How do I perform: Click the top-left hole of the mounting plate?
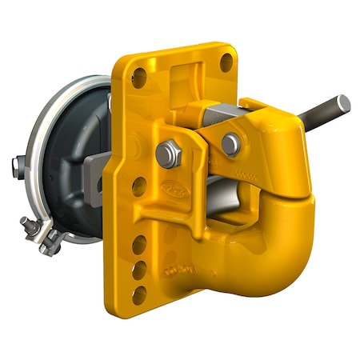coord(139,78)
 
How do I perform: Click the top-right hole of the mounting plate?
coord(226,62)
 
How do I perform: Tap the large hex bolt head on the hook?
coord(168,154)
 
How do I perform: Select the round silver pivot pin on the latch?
coord(231,145)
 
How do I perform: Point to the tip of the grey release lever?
coord(344,102)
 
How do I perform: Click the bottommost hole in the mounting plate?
coord(139,295)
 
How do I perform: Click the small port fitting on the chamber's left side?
coord(16,166)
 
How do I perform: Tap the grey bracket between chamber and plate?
coord(95,172)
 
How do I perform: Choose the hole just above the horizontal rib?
coord(139,186)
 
